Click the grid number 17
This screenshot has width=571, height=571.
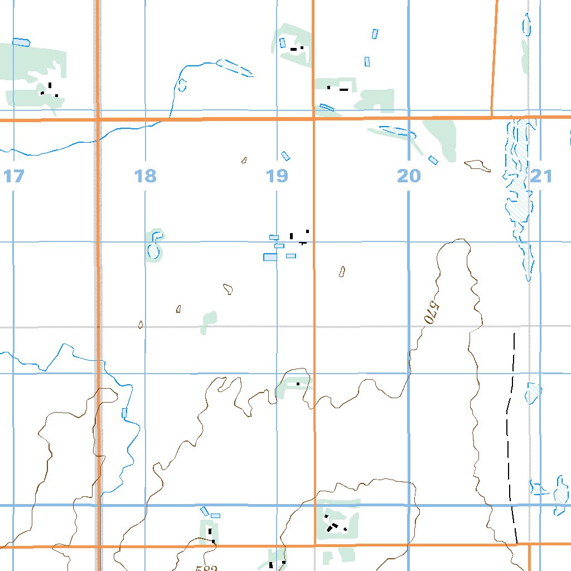pyautogui.click(x=14, y=177)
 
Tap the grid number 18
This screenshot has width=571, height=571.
pyautogui.click(x=146, y=177)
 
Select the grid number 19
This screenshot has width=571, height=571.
pyautogui.click(x=277, y=177)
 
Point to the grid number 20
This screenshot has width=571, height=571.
pyautogui.click(x=409, y=177)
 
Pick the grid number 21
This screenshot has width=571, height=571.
pyautogui.click(x=541, y=177)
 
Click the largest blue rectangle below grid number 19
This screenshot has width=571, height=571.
pyautogui.click(x=270, y=257)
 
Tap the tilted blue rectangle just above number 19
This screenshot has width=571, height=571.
pyautogui.click(x=286, y=156)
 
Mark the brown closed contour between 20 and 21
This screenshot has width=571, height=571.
pyautogui.click(x=477, y=165)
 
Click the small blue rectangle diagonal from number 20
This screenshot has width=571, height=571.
pyautogui.click(x=433, y=160)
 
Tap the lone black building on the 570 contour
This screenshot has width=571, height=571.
pyautogui.click(x=298, y=384)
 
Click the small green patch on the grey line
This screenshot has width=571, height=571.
pyautogui.click(x=209, y=322)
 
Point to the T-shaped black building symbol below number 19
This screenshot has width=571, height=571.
pyautogui.click(x=302, y=243)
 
